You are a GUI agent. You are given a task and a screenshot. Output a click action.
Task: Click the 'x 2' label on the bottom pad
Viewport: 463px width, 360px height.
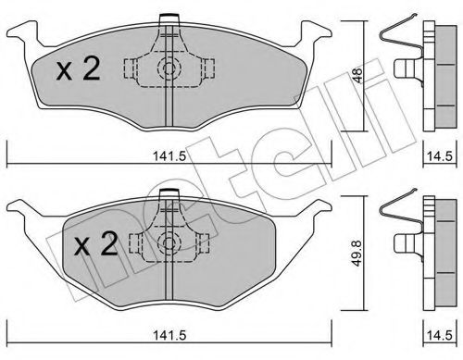point(95,244)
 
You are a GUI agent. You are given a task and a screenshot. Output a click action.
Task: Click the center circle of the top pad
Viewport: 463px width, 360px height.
point(168,68)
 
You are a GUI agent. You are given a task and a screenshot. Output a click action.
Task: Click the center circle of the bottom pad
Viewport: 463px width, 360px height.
point(168,243)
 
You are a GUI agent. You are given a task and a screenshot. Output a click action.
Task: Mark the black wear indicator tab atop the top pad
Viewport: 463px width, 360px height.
point(168,18)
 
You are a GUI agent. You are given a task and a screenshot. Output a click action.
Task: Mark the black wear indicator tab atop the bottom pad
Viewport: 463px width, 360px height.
point(168,192)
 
